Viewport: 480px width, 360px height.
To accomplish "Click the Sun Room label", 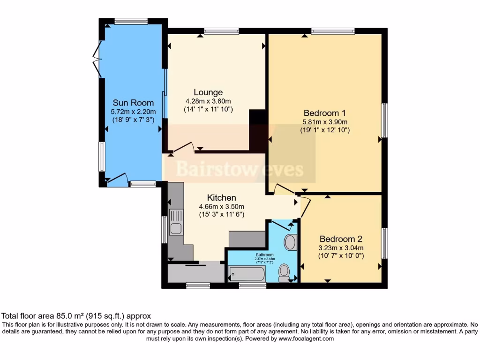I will [x=132, y=103].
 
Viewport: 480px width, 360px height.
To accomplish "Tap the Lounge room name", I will [x=209, y=92].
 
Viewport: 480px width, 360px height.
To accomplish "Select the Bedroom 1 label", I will [x=324, y=112].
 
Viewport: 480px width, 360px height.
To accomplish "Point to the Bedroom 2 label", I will [x=341, y=238].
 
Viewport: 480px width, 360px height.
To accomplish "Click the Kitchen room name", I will [x=222, y=197].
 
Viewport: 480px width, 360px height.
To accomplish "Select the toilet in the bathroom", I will [x=284, y=272].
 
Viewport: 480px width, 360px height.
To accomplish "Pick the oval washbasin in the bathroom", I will [x=290, y=242].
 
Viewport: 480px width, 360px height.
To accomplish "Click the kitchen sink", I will [x=176, y=223].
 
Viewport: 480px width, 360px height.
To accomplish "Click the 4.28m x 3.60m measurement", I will [x=209, y=101].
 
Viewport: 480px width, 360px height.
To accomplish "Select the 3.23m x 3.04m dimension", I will [x=341, y=247].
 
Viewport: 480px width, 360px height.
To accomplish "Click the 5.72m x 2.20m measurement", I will [x=132, y=112].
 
